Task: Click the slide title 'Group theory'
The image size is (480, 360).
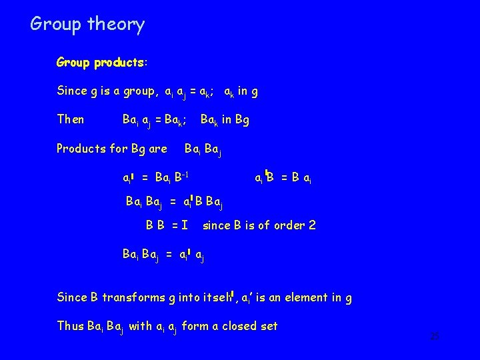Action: click(x=87, y=25)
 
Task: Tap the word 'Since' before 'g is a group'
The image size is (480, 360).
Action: click(x=71, y=91)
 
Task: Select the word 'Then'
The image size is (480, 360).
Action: click(x=71, y=119)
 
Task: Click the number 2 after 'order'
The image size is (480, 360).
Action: click(x=311, y=225)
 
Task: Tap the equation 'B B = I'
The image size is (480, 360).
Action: click(x=167, y=225)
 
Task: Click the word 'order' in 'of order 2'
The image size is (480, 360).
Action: click(x=287, y=225)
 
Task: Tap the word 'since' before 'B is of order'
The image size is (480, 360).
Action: click(x=217, y=225)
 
